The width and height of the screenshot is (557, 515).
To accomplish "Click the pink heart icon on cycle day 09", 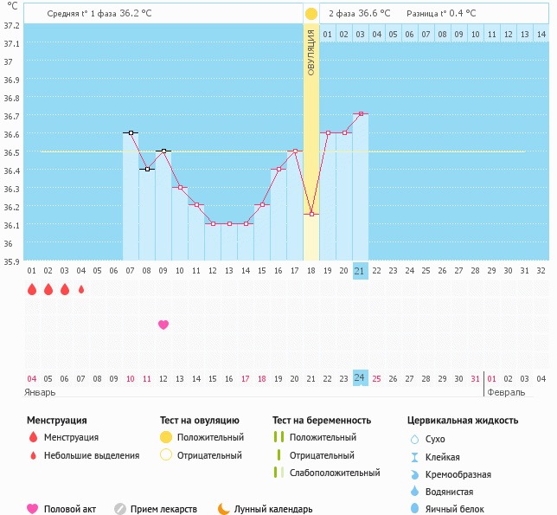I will (163, 325).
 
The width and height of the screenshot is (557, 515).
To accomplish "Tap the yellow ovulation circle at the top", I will (311, 14).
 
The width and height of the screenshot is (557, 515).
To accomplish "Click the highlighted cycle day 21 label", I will (361, 271).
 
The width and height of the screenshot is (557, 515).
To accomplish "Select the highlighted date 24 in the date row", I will (361, 378).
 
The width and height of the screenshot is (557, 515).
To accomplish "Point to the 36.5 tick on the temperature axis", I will (10, 152).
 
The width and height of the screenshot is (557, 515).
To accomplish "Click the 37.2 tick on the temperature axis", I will (10, 26).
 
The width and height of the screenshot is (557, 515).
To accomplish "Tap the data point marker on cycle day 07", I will (131, 133).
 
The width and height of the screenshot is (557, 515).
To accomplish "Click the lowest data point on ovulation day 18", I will (311, 214).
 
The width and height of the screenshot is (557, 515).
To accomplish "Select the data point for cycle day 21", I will (361, 114).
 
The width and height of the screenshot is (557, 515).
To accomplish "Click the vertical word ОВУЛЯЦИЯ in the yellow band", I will (311, 51).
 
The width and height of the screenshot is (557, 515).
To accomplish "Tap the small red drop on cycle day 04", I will (81, 290).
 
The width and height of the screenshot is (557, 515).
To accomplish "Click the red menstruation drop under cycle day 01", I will (32, 289).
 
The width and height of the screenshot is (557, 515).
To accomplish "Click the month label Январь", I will (41, 392).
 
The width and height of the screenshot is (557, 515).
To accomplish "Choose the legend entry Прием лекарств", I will (163, 510).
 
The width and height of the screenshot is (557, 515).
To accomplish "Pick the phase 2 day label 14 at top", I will (541, 34).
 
